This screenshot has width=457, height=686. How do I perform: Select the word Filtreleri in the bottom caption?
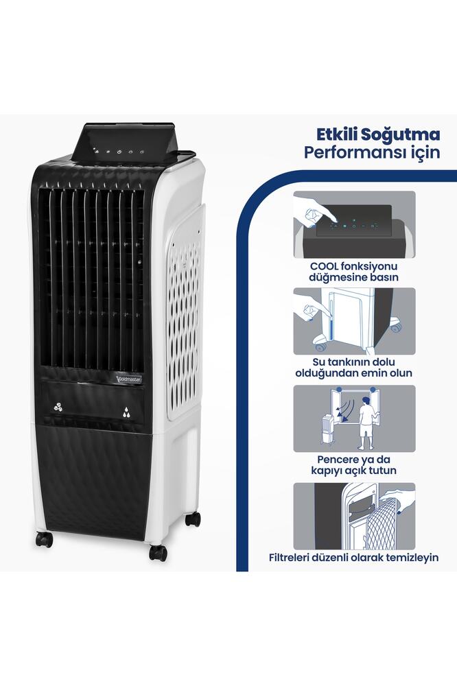pos(293,558)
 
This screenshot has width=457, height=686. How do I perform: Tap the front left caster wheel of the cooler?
pos(45,539)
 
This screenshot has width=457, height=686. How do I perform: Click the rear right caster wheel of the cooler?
pos(193,519)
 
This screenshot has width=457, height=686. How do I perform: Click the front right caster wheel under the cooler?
pos(158,552)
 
